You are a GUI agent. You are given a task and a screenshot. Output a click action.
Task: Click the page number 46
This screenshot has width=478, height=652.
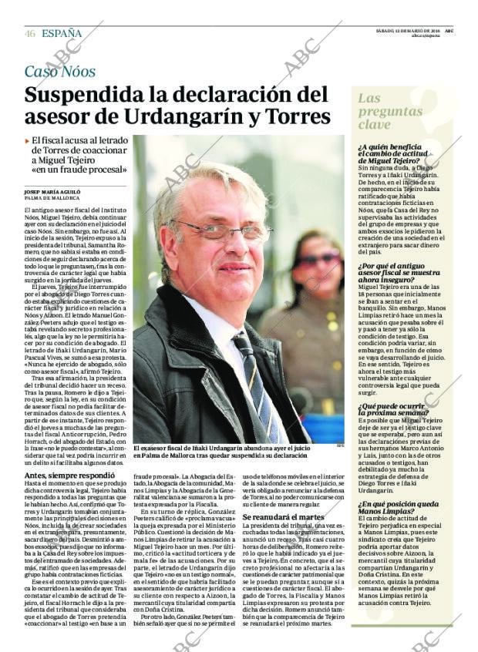(30, 34)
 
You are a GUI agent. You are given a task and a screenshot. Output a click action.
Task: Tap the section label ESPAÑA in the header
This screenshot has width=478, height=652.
(62, 34)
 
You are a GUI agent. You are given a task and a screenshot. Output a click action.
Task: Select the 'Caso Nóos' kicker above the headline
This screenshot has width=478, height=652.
(60, 72)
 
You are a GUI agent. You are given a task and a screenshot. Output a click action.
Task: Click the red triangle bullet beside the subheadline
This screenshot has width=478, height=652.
(27, 140)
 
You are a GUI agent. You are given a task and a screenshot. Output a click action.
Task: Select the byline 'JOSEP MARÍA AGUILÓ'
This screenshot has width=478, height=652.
(52, 190)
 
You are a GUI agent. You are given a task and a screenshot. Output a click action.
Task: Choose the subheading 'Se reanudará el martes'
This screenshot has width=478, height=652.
(284, 517)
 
